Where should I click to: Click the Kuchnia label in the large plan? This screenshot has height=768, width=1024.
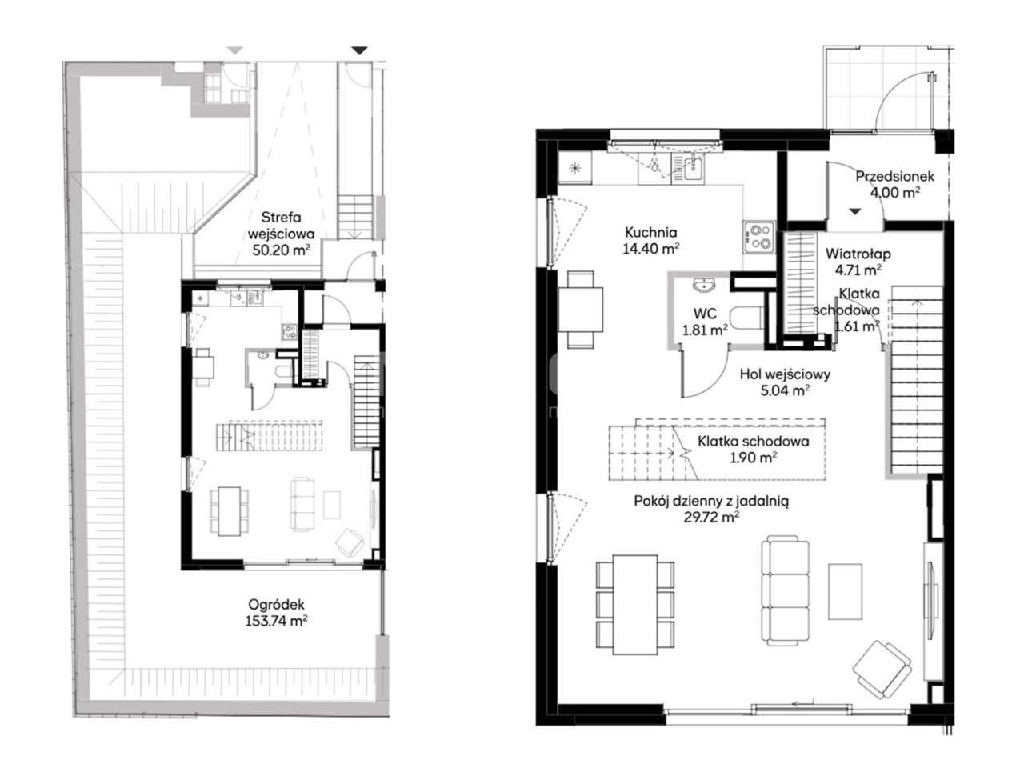coord(650,232)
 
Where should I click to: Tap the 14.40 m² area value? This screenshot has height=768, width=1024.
coord(650,249)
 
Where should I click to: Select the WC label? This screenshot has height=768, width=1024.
coord(705,314)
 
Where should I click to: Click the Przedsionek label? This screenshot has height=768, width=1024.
coord(894,176)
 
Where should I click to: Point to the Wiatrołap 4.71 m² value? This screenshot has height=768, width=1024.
coord(858,270)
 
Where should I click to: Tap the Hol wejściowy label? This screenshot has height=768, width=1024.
coord(785,374)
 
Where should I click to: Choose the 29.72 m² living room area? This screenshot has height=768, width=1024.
coord(711,518)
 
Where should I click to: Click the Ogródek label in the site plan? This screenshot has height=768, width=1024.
coord(276,605)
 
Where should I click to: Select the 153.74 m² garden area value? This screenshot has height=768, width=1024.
coord(276,621)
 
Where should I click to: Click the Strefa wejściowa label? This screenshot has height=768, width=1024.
coord(281,226)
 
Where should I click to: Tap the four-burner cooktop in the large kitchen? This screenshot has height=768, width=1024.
coord(759,238)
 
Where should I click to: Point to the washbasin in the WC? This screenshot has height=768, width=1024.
coord(702,285)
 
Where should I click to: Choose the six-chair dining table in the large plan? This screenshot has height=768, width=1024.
coord(635,604)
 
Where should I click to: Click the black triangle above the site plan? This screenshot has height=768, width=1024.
coord(359,50)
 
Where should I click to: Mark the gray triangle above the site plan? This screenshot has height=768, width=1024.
coord(235,50)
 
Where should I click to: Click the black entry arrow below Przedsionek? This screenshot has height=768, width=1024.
coord(854,212)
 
